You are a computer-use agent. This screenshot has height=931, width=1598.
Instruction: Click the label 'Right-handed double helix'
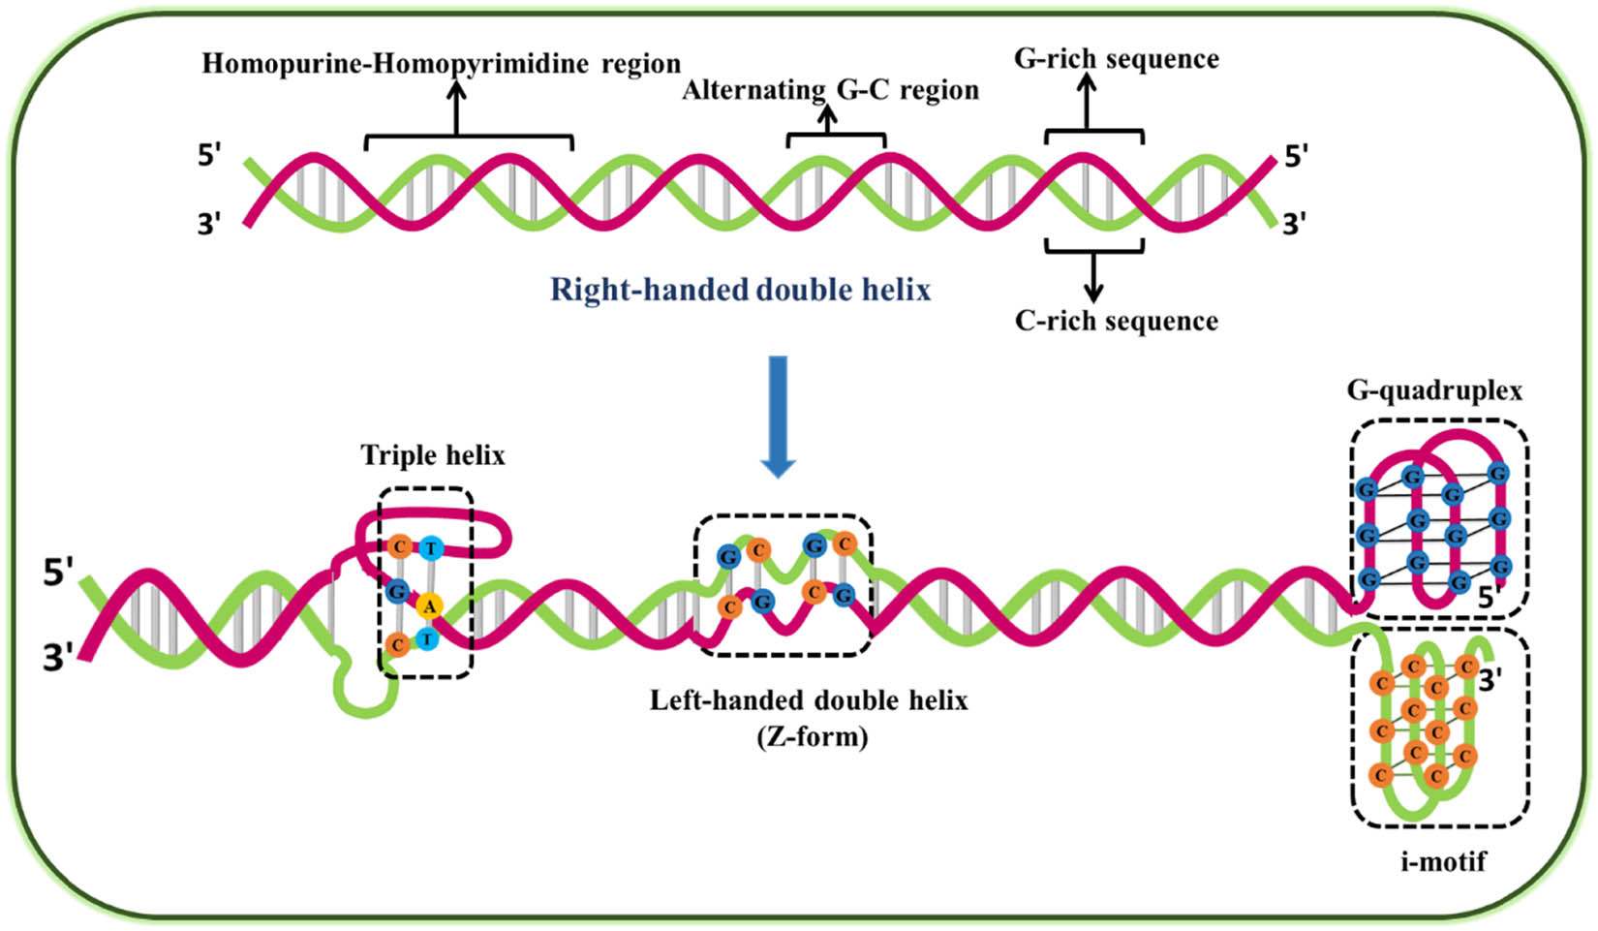pos(740,290)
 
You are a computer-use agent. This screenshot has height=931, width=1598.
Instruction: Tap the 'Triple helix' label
pos(433,455)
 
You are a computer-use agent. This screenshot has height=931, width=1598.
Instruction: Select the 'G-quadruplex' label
pos(1433,390)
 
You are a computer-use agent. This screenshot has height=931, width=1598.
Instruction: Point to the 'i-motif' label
pos(1442,859)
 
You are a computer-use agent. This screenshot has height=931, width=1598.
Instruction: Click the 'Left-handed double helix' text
pos(808,699)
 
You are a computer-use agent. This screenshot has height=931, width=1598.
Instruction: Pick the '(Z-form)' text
pos(811,736)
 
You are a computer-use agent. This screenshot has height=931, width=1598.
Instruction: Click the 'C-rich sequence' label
pos(1116,321)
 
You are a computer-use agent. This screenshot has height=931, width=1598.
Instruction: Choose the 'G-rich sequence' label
pos(1116,59)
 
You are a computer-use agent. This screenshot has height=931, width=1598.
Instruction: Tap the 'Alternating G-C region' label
pos(830,90)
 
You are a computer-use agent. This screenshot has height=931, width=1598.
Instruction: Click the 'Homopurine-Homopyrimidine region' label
pos(441,64)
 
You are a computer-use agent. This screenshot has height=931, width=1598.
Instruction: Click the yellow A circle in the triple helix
pos(429,606)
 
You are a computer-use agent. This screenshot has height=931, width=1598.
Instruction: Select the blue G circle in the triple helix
pos(396,590)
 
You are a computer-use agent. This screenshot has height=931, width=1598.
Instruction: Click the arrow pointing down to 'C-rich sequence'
pos(1093,277)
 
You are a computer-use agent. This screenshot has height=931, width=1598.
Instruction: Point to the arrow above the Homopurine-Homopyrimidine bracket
pos(455,107)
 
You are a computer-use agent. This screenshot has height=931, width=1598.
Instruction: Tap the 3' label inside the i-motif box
pos(1490,681)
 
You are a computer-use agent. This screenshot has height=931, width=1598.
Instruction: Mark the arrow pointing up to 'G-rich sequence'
pos(1087,103)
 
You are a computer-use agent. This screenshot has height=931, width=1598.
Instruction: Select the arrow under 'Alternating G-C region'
pos(826,118)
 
